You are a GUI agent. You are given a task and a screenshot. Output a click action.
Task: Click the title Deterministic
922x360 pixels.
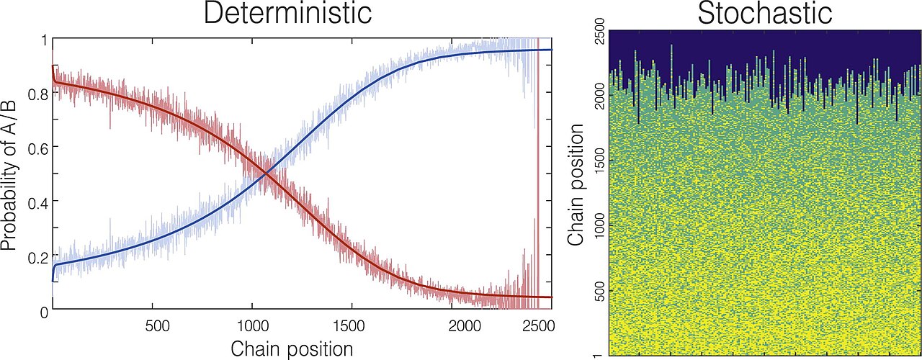(287, 13)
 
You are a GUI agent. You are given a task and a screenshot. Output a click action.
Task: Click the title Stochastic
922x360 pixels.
(765, 13)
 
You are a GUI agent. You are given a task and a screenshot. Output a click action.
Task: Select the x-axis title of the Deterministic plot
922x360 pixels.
(292, 349)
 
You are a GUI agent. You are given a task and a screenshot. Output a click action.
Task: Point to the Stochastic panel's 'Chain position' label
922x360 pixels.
(576, 184)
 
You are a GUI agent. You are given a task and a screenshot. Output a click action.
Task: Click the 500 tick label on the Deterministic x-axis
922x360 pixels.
(158, 327)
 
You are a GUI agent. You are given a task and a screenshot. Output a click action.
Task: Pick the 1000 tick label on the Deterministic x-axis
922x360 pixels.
(254, 327)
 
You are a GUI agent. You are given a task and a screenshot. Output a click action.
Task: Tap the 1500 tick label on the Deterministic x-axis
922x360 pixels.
(349, 327)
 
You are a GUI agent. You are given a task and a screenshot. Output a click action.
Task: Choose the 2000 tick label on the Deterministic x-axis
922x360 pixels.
(465, 327)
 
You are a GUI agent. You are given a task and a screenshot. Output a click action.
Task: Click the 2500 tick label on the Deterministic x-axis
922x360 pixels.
(538, 327)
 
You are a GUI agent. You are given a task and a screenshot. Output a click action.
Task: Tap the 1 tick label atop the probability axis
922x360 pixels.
(45, 42)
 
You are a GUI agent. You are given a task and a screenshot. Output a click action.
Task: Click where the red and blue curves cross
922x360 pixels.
(267, 174)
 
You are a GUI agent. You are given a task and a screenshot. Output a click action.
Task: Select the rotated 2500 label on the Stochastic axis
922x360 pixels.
(599, 30)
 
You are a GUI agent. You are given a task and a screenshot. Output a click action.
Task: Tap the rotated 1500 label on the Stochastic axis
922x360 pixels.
(599, 161)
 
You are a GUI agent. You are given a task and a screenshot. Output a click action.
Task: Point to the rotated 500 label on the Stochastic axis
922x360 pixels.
(599, 291)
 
